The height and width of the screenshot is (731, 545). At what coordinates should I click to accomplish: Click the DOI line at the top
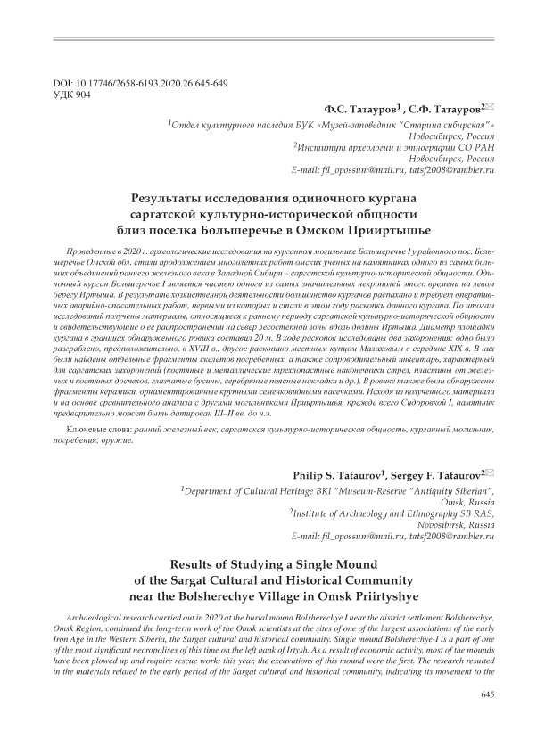(x=140, y=83)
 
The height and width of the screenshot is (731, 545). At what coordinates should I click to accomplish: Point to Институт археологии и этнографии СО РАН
(x=396, y=145)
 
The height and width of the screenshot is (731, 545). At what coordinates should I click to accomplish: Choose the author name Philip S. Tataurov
(x=340, y=473)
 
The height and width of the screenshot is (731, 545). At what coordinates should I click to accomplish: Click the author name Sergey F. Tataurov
(x=433, y=473)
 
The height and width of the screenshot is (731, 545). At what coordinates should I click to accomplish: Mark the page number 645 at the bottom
(x=487, y=694)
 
